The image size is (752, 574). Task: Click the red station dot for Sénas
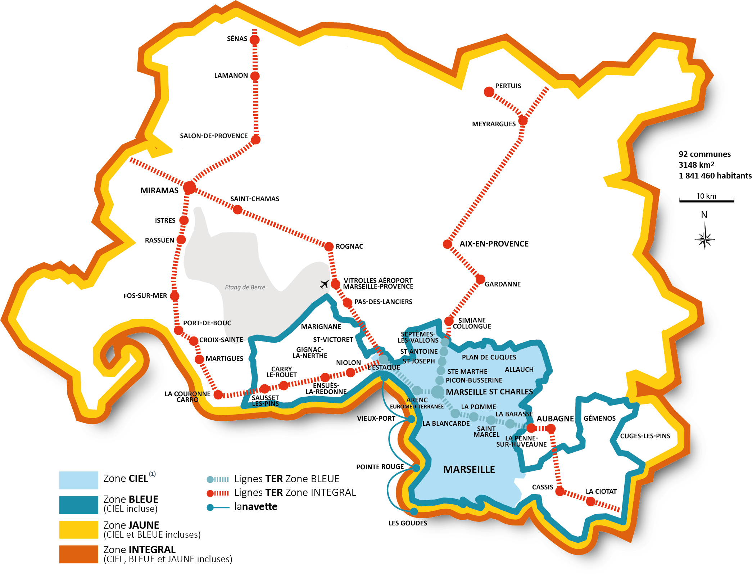(x=254, y=40)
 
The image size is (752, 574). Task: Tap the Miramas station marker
(x=189, y=187)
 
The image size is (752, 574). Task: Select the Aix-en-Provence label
(x=494, y=244)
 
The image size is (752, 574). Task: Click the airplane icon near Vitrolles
(x=324, y=284)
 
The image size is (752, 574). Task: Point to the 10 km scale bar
(x=706, y=200)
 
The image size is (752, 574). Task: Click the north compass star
(x=705, y=238)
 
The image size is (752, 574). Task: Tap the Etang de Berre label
(x=245, y=287)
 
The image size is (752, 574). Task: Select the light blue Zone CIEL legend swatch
(x=78, y=480)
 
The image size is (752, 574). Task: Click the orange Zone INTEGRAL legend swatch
(x=78, y=554)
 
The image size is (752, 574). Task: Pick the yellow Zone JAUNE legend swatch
(x=78, y=529)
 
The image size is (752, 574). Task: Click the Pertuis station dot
(x=489, y=92)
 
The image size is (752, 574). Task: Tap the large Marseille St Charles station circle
(x=438, y=392)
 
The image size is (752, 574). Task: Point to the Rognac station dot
(x=329, y=247)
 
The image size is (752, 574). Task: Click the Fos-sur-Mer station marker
(x=175, y=296)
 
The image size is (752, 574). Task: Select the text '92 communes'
(x=705, y=154)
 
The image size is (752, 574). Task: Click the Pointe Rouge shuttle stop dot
(x=416, y=468)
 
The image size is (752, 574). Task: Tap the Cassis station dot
(x=560, y=491)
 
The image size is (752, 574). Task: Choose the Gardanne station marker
(x=480, y=279)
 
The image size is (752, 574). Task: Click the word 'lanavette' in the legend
(x=255, y=506)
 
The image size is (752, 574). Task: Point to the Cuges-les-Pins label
(x=645, y=436)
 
